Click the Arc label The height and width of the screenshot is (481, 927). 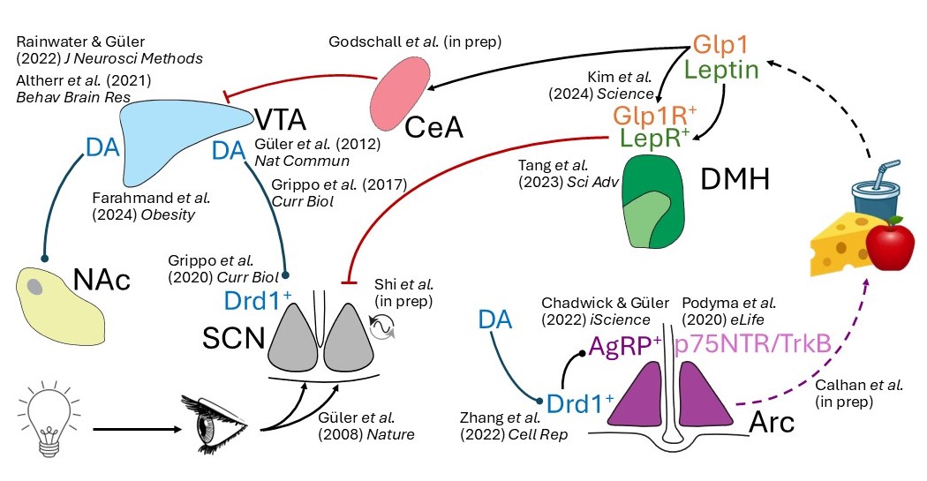(x=772, y=421)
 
